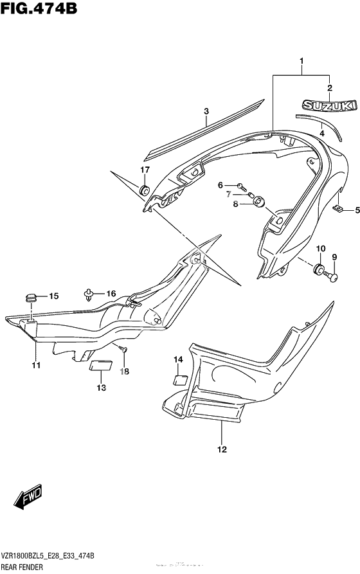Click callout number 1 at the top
click(x=301, y=62)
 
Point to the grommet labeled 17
click(x=145, y=190)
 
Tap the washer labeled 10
click(x=318, y=269)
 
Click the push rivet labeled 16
click(x=89, y=294)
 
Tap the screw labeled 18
click(x=125, y=349)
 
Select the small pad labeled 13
click(x=99, y=366)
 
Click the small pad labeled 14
click(x=181, y=379)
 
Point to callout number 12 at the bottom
click(x=222, y=450)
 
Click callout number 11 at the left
click(x=36, y=365)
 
